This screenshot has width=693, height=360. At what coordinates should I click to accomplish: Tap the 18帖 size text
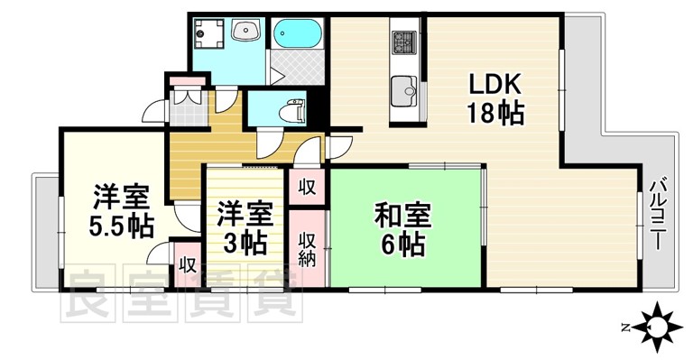click(x=494, y=115)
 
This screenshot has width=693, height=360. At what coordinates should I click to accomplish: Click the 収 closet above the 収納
click(x=307, y=188)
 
